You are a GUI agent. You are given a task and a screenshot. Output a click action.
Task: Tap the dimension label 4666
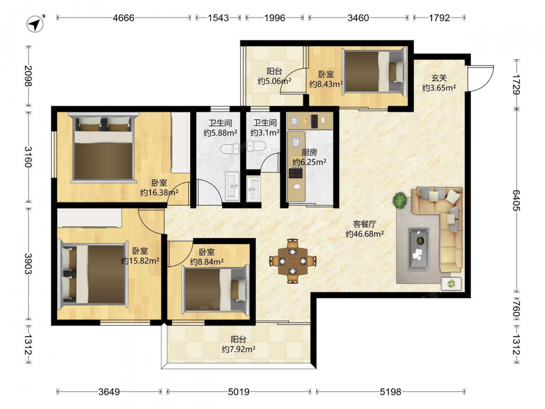(123, 18)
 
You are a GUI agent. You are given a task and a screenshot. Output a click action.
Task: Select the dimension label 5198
(390, 392)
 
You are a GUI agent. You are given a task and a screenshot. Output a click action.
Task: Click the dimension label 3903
(28, 263)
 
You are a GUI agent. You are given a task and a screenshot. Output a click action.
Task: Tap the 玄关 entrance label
(439, 79)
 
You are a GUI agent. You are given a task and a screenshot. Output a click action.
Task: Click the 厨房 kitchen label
(309, 152)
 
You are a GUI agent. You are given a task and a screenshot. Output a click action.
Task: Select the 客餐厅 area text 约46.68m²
(365, 234)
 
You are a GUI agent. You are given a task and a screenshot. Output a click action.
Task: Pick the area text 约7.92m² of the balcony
(239, 349)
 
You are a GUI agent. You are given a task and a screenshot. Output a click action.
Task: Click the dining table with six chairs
(293, 261)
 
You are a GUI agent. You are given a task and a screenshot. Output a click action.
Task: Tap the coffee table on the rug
(419, 249)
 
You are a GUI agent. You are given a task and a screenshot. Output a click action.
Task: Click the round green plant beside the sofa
(400, 200)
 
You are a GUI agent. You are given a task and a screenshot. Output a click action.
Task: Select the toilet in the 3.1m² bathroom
(257, 146)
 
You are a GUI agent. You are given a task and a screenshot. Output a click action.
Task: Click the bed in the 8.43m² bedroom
(374, 71)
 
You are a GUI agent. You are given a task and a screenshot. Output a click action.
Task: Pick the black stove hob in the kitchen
(296, 173)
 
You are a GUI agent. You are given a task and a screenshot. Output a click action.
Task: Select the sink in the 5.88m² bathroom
(232, 186)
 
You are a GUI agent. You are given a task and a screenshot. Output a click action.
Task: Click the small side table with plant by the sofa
(451, 284)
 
